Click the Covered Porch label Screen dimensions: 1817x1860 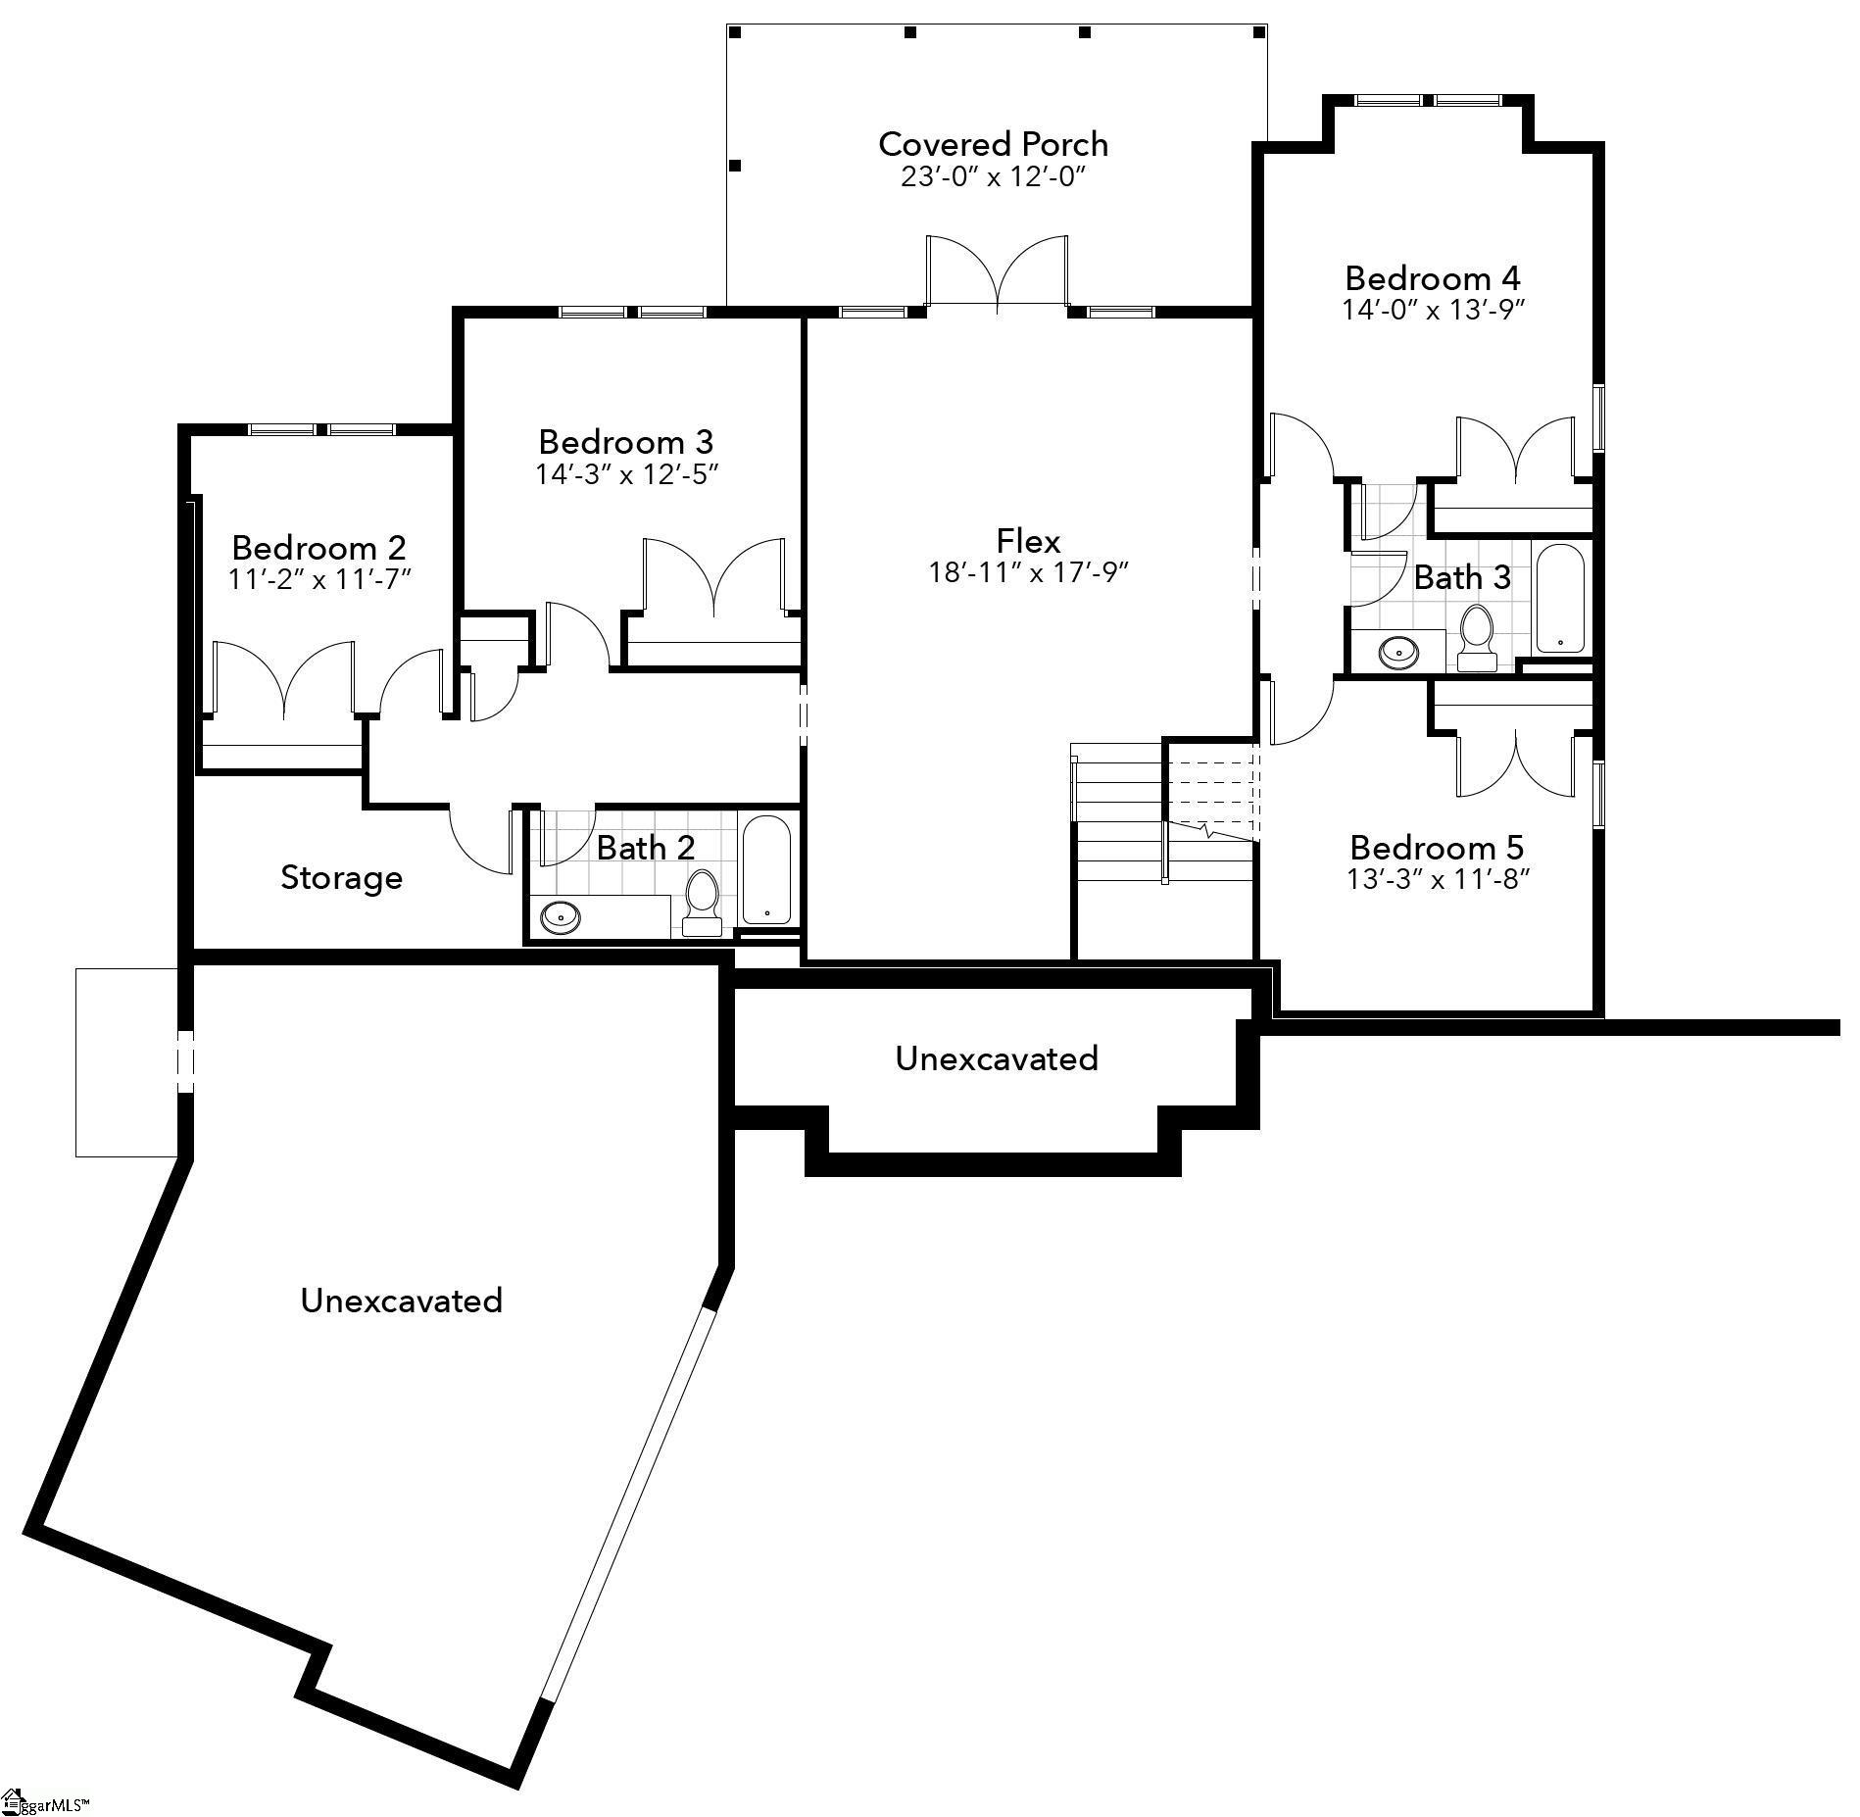coord(993,144)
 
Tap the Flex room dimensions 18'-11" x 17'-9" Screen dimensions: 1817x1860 coord(1029,572)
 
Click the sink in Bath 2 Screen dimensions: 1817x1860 coord(561,916)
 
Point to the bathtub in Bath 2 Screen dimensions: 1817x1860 coord(766,869)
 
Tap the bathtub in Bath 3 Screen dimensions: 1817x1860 coord(1559,598)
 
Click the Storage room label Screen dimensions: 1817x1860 coord(341,877)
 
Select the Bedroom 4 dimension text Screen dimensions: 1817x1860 coord(1433,310)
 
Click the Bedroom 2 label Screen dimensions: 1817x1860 coord(318,547)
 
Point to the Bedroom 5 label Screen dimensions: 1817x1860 coord(1437,847)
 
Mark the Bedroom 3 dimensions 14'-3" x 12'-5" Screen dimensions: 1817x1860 coord(627,474)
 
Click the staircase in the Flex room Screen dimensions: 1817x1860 coord(1164,813)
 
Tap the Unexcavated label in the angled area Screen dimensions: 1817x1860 coord(401,1301)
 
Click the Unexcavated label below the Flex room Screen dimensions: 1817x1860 coord(996,1058)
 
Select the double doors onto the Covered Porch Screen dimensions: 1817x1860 coord(997,274)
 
